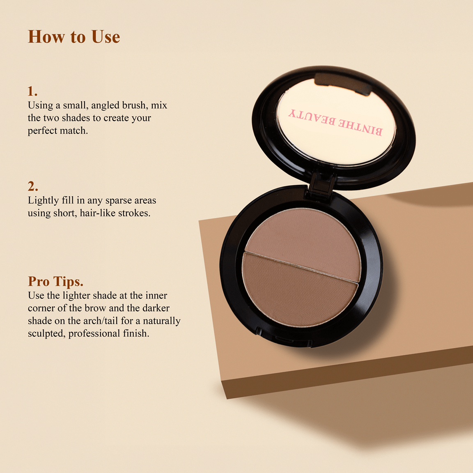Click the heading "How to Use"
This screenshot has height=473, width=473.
74,37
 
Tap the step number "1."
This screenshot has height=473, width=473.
32,91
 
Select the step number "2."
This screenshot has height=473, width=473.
33,186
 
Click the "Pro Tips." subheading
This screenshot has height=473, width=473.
55,282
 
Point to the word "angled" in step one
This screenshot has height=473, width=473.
106,106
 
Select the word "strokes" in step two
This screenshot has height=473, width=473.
134,214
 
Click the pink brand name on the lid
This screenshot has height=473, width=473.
335,122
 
